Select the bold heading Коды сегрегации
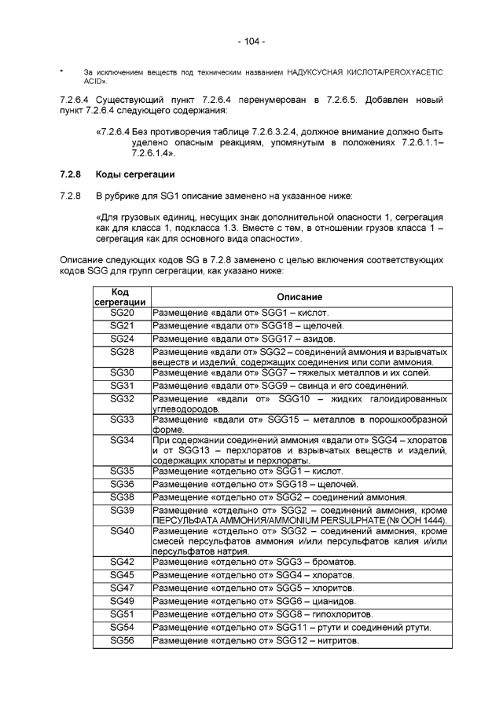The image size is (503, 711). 134,173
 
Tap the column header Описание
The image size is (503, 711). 300,295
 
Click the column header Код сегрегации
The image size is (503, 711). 119,295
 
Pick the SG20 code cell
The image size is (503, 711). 119,313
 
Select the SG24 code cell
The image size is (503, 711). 119,338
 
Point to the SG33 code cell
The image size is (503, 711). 119,419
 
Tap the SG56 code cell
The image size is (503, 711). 119,640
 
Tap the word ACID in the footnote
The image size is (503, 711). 83,81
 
